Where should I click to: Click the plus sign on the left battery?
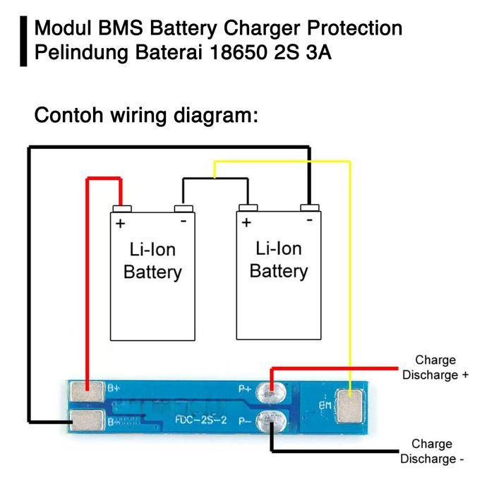tap(120, 224)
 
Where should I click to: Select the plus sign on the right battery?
tap(246, 223)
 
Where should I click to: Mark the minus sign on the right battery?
tap(309, 221)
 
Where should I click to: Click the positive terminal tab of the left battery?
tap(122, 208)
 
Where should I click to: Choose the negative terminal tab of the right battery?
tap(310, 207)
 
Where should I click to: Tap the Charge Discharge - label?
tap(433, 452)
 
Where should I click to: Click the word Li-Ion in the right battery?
tap(279, 248)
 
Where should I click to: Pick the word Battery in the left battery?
tap(152, 272)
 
